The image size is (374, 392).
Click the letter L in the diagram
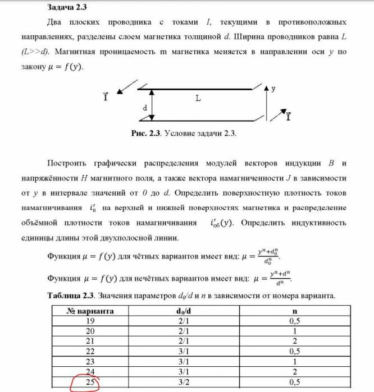[198, 98]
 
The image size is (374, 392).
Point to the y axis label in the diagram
[273, 89]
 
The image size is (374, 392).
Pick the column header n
[294, 310]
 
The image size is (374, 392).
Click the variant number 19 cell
[90, 321]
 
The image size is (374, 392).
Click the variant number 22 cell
[90, 352]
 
